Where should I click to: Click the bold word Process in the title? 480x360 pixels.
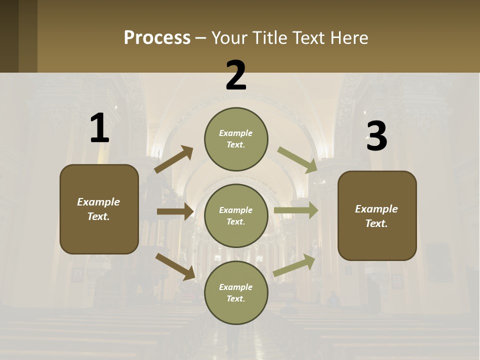click(x=157, y=38)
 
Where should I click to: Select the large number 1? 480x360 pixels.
click(x=99, y=128)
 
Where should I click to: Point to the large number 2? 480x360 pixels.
click(x=235, y=76)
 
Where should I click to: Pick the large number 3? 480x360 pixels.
click(x=376, y=136)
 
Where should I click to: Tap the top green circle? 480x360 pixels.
click(x=236, y=139)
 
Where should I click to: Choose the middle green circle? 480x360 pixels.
click(x=236, y=215)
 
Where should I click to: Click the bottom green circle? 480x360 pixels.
click(x=236, y=292)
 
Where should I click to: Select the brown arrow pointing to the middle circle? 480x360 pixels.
click(x=175, y=211)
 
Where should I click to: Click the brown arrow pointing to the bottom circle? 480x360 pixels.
click(x=175, y=266)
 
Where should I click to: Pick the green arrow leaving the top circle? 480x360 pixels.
click(x=297, y=159)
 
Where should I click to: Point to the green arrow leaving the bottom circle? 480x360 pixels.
click(x=294, y=265)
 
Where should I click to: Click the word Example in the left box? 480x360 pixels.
click(x=98, y=202)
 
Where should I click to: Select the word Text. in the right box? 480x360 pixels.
click(x=376, y=223)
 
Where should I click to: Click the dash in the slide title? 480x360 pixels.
click(x=201, y=38)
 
